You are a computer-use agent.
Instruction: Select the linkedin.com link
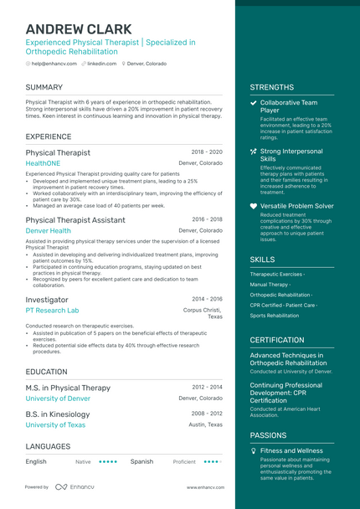pyautogui.click(x=101, y=64)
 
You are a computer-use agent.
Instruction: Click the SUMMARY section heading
pyautogui.click(x=44, y=87)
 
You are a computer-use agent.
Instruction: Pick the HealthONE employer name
pyautogui.click(x=43, y=163)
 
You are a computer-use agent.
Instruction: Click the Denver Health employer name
pyautogui.click(x=48, y=230)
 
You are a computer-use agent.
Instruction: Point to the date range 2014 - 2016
pyautogui.click(x=207, y=299)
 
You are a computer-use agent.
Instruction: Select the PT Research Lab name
pyautogui.click(x=52, y=310)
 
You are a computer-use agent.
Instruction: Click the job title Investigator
pyautogui.click(x=47, y=299)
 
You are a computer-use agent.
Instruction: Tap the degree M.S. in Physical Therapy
pyautogui.click(x=68, y=388)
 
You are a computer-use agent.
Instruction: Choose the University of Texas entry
pyautogui.click(x=55, y=424)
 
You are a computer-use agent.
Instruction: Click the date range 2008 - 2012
pyautogui.click(x=207, y=414)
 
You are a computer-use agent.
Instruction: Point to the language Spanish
pyautogui.click(x=141, y=461)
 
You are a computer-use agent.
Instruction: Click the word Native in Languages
pyautogui.click(x=83, y=461)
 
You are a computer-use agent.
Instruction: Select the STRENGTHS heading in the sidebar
pyautogui.click(x=271, y=87)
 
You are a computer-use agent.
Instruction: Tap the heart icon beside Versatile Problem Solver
pyautogui.click(x=254, y=205)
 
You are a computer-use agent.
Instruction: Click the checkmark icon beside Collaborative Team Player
pyautogui.click(x=254, y=102)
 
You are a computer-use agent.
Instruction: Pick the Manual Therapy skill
pyautogui.click(x=270, y=285)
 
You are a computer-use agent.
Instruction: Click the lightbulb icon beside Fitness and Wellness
pyautogui.click(x=254, y=450)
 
